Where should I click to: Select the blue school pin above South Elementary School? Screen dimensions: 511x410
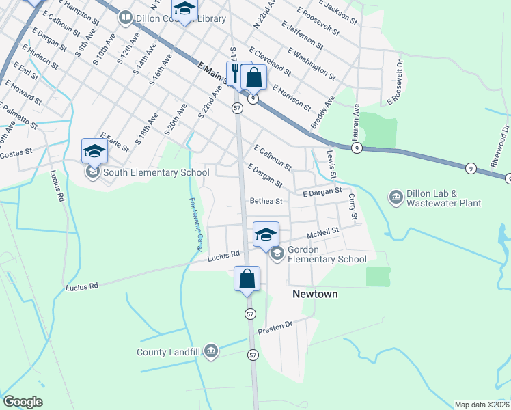point(94,151)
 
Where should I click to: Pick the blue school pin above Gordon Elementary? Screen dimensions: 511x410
point(266,234)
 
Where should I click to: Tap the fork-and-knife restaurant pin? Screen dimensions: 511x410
point(238,73)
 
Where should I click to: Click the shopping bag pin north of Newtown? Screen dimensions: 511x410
point(247,279)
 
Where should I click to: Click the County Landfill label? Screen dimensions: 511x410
point(167,352)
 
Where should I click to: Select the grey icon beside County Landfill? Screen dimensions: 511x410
point(210,352)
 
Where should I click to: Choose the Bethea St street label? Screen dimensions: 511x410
point(266,202)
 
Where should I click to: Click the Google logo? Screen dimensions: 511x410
point(23,402)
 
